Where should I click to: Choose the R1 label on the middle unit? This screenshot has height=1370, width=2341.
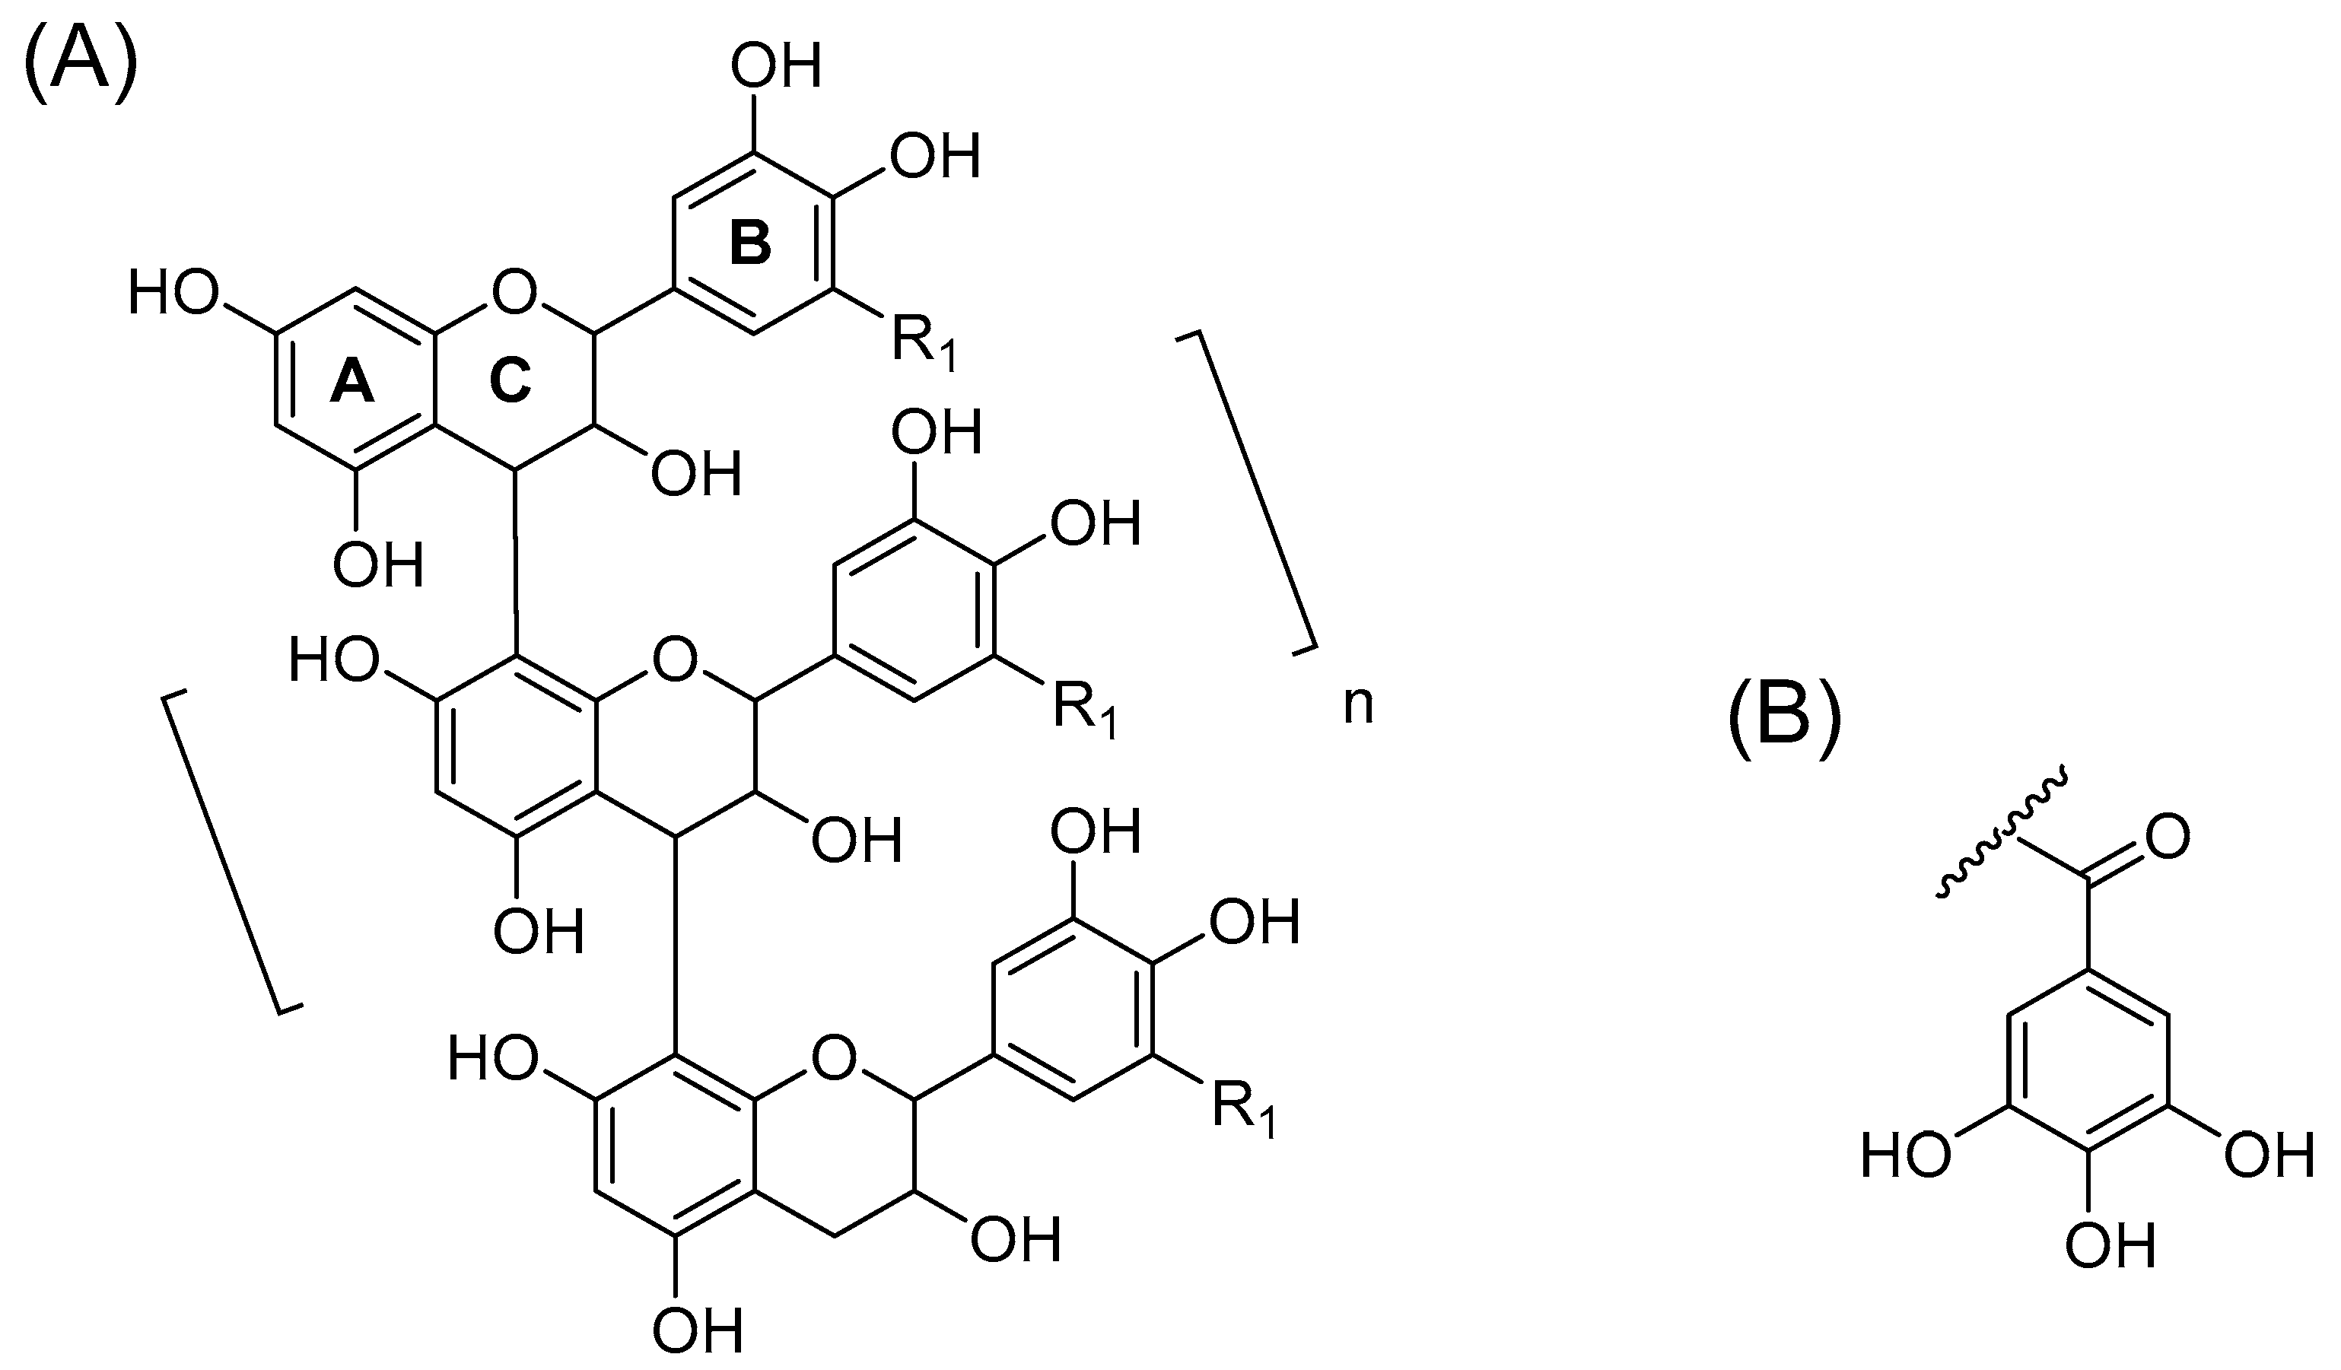[x=1083, y=710]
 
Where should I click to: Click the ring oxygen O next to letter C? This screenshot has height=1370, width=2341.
[x=514, y=293]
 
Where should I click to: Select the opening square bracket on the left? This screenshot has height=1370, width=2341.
[x=232, y=850]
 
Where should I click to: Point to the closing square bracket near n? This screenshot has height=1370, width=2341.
[x=1249, y=492]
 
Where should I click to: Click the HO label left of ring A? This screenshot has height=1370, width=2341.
[x=173, y=294]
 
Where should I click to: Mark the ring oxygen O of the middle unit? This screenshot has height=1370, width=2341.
[x=674, y=660]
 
